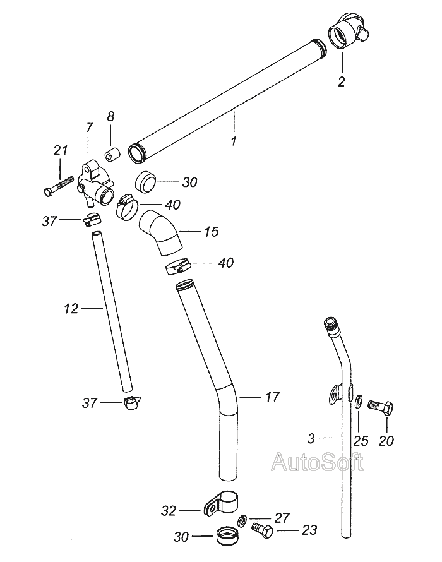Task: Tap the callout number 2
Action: (342, 81)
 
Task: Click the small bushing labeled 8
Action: (112, 153)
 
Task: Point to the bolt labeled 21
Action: (57, 188)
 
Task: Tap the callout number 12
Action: (71, 309)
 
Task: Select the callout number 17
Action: (272, 397)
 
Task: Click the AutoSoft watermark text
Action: (318, 463)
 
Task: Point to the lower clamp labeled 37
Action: (133, 403)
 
